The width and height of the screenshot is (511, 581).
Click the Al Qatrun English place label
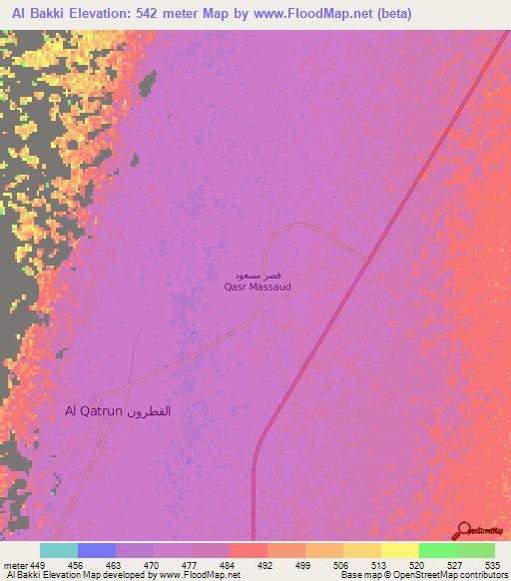pyautogui.click(x=92, y=410)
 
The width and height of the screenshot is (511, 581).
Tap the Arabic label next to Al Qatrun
pyautogui.click(x=147, y=410)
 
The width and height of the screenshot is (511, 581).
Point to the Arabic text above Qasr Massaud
pyautogui.click(x=254, y=273)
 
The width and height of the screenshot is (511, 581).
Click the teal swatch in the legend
pyautogui.click(x=59, y=550)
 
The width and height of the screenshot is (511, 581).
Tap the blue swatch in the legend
pyautogui.click(x=97, y=550)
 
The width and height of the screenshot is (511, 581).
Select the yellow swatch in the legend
pyautogui.click(x=400, y=550)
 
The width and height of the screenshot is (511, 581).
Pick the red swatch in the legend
pyautogui.click(x=249, y=550)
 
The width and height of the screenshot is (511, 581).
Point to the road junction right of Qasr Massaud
pyautogui.click(x=370, y=261)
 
